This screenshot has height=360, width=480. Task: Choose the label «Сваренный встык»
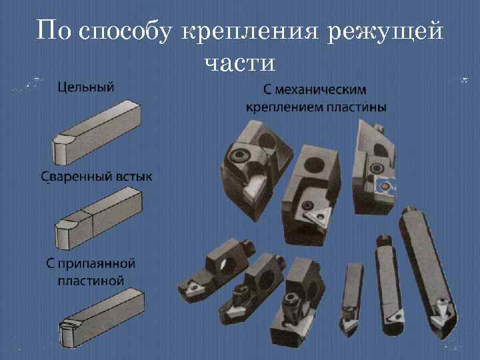point(97,177)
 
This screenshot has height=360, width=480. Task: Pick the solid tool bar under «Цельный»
point(97,130)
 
